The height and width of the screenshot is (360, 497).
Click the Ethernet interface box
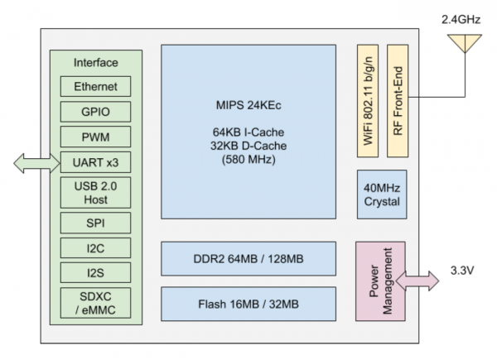[94, 86]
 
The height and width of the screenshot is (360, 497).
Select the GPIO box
[94, 110]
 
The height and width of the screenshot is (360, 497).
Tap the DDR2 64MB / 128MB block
[248, 258]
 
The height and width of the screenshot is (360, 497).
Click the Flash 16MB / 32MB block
[248, 303]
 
